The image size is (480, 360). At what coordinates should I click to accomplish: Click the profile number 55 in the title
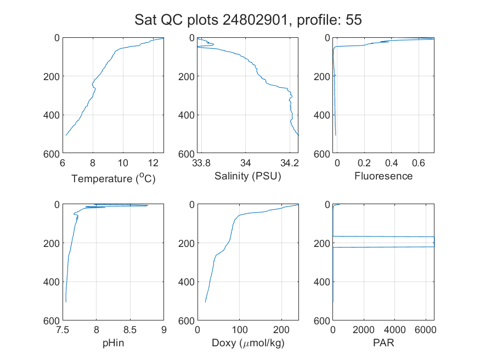[354, 20]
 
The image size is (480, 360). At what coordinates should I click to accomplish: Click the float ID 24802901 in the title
[255, 20]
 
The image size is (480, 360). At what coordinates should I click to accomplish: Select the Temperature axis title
[113, 178]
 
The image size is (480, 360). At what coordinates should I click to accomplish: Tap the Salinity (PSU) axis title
[247, 176]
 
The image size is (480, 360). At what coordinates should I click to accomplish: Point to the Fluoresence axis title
[383, 176]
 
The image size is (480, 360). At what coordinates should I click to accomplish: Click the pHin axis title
[113, 343]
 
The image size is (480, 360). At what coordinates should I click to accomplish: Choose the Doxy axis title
[248, 343]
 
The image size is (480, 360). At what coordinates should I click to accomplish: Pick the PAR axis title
[383, 342]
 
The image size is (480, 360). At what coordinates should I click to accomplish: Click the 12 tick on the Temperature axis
[153, 163]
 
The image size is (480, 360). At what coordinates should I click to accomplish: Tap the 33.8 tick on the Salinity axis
[201, 163]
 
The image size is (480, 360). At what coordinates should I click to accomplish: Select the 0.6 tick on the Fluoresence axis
[419, 163]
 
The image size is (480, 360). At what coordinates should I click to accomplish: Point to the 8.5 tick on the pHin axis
[130, 330]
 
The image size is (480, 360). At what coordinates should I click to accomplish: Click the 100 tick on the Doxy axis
[239, 330]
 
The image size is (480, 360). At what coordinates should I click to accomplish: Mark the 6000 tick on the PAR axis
[426, 330]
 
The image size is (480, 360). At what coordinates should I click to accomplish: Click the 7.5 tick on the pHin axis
[63, 330]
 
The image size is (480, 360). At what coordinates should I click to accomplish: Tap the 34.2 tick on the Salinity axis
[290, 163]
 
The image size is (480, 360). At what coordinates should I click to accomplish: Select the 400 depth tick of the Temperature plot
[52, 115]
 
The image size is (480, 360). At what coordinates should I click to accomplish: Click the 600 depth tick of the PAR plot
[321, 321]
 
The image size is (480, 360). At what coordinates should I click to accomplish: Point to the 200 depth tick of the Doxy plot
[187, 244]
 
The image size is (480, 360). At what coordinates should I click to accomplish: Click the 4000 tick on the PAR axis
[394, 330]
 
